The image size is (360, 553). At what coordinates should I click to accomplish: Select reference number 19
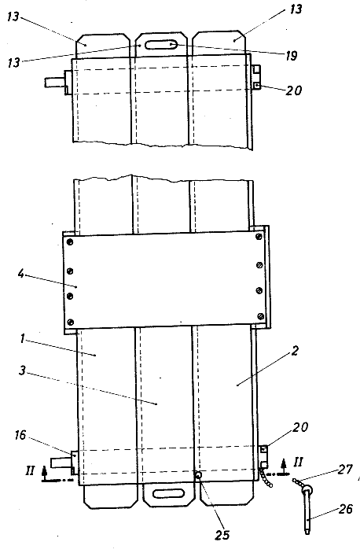click(x=292, y=55)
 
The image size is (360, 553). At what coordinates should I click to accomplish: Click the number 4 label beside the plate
click(x=21, y=273)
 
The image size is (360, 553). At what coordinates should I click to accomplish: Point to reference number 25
click(x=222, y=535)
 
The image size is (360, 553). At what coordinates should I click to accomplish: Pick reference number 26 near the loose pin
click(x=345, y=509)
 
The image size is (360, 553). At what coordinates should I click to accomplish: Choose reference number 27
click(x=345, y=469)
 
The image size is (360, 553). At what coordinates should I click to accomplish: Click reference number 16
click(x=20, y=435)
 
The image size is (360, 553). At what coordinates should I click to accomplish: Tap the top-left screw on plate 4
click(x=70, y=242)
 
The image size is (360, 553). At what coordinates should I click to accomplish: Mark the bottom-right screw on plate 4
click(x=261, y=315)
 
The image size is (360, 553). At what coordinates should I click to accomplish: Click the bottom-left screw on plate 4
click(x=70, y=321)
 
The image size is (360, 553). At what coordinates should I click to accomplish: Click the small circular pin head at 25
click(x=199, y=475)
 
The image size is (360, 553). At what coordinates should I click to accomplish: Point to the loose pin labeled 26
click(x=307, y=509)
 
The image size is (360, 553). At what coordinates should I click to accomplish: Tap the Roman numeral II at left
click(x=30, y=470)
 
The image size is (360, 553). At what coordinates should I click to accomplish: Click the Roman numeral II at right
click(x=298, y=462)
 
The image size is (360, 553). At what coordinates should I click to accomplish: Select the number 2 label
click(x=296, y=351)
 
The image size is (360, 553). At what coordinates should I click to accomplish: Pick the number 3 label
click(x=22, y=371)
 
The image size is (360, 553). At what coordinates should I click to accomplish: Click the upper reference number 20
click(x=294, y=90)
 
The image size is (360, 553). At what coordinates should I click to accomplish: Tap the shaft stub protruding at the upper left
click(x=55, y=83)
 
